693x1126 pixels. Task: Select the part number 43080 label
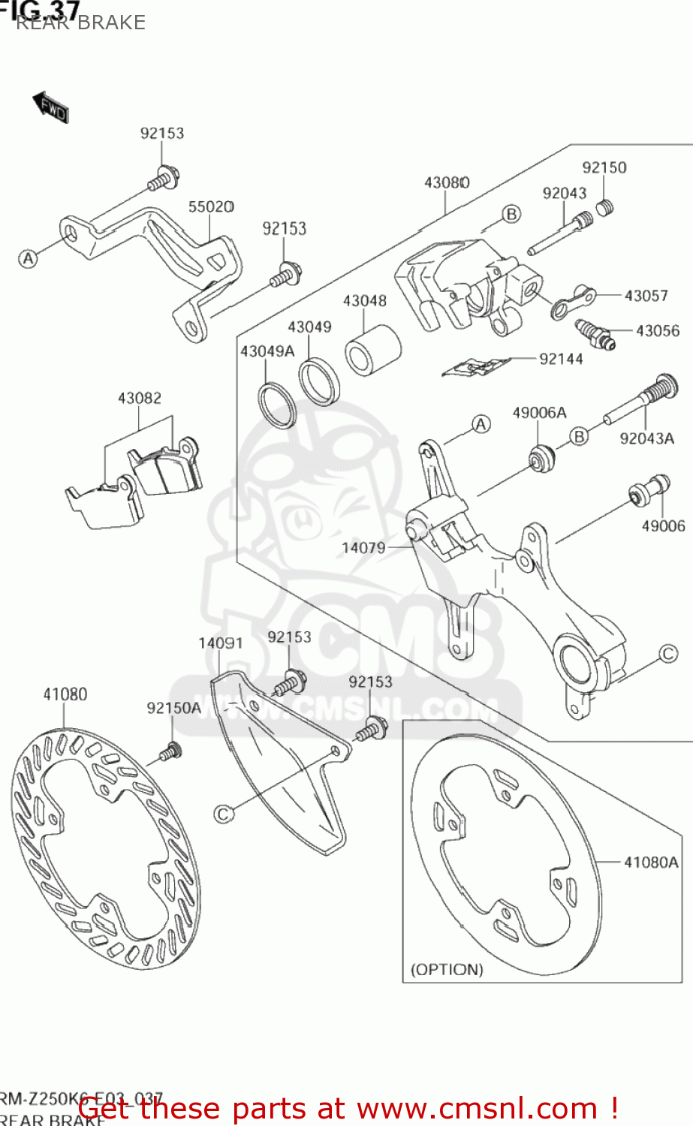point(447,182)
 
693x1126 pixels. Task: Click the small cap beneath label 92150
point(605,206)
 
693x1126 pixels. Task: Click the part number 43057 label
point(646,295)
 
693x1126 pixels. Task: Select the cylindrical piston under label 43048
point(372,350)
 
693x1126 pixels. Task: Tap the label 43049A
point(267,351)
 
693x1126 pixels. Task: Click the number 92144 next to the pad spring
point(561,359)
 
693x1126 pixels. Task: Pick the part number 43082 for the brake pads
point(139,398)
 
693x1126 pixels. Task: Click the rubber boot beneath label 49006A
point(541,458)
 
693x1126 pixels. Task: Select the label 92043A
point(646,438)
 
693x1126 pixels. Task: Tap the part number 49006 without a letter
point(663,525)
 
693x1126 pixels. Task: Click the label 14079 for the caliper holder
point(363,547)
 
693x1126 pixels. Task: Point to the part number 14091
point(220,643)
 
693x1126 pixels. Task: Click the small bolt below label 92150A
point(172,751)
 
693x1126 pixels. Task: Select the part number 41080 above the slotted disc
point(65,694)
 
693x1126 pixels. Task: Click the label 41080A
point(650,863)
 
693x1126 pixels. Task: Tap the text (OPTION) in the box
point(447,969)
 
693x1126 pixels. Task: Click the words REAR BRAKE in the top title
point(80,23)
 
